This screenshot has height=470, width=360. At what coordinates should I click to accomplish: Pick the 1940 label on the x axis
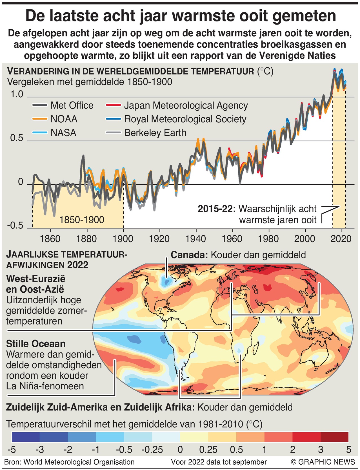coord(195,239)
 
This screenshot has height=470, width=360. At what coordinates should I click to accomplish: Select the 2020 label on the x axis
coord(341,239)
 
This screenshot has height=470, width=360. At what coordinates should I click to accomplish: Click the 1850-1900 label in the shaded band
coord(82,220)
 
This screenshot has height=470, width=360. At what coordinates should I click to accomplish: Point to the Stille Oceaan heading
coord(36,344)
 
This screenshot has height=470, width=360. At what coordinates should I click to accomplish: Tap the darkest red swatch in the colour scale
coord(334,437)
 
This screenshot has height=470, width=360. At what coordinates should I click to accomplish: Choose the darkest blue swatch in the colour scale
coord(26,437)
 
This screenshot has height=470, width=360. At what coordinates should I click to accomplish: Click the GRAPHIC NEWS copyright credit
coord(323,462)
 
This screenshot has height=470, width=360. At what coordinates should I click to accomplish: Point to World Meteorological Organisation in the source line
coord(79,462)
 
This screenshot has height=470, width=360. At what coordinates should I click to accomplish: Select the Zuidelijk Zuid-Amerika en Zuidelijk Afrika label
coord(100,407)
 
